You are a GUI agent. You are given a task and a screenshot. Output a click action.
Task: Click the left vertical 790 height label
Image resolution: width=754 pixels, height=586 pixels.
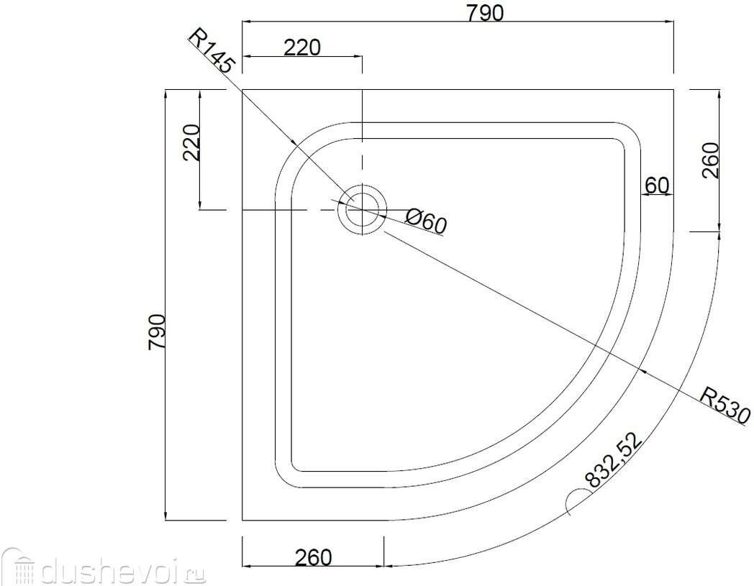coord(157,332)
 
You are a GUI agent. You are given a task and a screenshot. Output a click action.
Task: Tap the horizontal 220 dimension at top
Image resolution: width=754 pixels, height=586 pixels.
coord(301,47)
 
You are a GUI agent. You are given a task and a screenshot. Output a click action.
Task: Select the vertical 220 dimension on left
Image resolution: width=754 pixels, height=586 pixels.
coord(191,142)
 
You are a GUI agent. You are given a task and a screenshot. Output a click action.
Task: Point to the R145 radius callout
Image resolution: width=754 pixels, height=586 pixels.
coord(211,51)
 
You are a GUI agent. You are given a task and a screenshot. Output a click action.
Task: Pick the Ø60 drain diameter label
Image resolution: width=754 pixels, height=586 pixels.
coord(426,221)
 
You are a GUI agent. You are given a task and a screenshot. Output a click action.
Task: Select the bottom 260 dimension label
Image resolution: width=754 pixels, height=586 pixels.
coord(314,558)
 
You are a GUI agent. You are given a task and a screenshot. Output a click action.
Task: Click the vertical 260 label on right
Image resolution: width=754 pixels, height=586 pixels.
coord(710,160)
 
